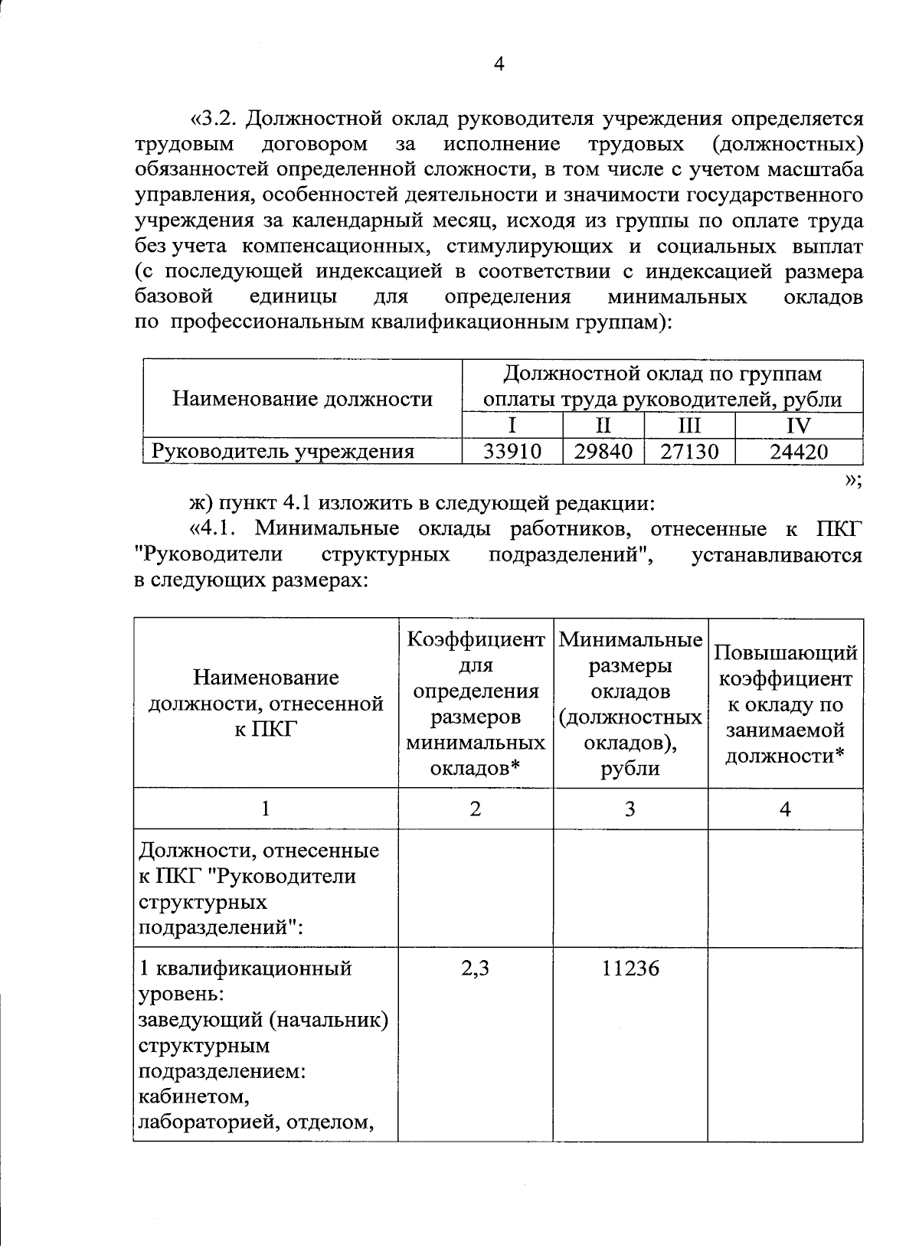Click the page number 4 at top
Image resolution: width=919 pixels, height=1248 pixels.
pyautogui.click(x=499, y=64)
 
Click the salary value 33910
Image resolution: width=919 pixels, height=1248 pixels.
pyautogui.click(x=512, y=452)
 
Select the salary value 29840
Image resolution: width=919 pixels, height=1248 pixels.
pyautogui.click(x=603, y=452)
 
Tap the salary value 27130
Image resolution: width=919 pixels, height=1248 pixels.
pyautogui.click(x=689, y=452)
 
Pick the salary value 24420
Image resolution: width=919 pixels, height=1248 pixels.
pyautogui.click(x=799, y=452)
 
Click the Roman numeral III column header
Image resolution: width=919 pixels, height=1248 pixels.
pyautogui.click(x=689, y=426)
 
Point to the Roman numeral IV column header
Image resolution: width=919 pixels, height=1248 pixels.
pyautogui.click(x=799, y=426)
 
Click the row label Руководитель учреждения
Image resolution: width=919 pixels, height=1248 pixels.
pyautogui.click(x=283, y=452)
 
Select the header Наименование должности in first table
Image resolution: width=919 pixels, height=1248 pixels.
pyautogui.click(x=303, y=399)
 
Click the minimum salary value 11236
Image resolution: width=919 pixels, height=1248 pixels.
pyautogui.click(x=630, y=969)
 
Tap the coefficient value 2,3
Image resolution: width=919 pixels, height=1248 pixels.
pyautogui.click(x=476, y=969)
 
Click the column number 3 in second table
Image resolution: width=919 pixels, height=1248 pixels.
pyautogui.click(x=630, y=809)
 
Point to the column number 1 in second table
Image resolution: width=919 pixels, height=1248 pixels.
pyautogui.click(x=265, y=809)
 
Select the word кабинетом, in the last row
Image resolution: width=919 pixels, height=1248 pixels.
pyautogui.click(x=194, y=1098)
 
